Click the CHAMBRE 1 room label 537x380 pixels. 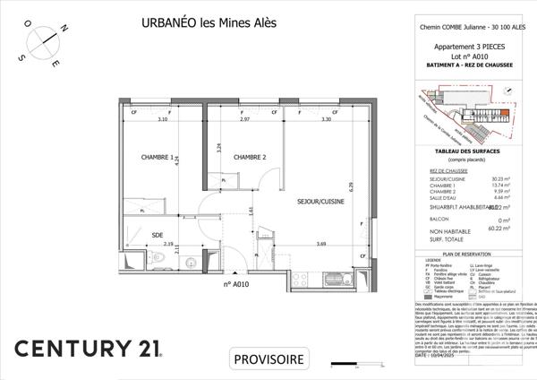(x=158, y=158)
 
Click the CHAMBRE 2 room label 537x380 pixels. (x=251, y=158)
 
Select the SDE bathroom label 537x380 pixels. (x=158, y=236)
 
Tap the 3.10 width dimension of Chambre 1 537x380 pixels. (x=163, y=119)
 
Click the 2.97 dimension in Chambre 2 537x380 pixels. (x=244, y=119)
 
